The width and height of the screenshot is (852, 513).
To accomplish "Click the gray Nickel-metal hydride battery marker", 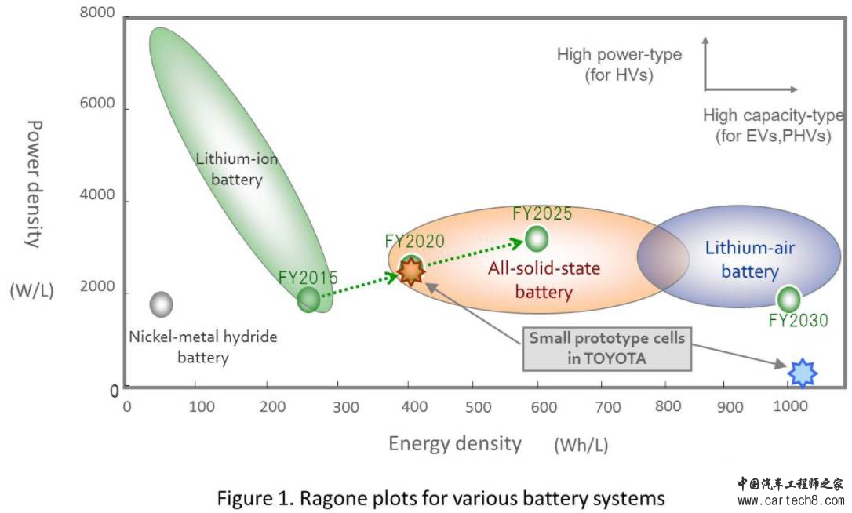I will (x=161, y=304).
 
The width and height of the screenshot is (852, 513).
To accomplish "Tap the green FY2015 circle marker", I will (x=309, y=298).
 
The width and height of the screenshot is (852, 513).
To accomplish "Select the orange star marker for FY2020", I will (x=410, y=271).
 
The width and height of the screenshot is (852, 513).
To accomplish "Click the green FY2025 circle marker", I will (x=537, y=238).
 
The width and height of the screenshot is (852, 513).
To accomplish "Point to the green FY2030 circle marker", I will (x=788, y=298).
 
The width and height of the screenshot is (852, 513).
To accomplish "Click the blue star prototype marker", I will (x=802, y=373).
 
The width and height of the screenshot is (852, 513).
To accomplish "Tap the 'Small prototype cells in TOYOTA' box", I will (x=606, y=349).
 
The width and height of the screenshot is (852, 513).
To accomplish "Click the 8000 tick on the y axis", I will (x=97, y=14).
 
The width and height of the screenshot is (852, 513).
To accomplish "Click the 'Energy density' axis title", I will (x=455, y=443).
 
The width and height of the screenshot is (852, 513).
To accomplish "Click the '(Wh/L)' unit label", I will (x=581, y=446).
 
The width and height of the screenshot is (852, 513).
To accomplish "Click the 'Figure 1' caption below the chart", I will (x=441, y=497).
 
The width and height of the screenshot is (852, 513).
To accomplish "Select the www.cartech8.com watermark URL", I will (x=790, y=500).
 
